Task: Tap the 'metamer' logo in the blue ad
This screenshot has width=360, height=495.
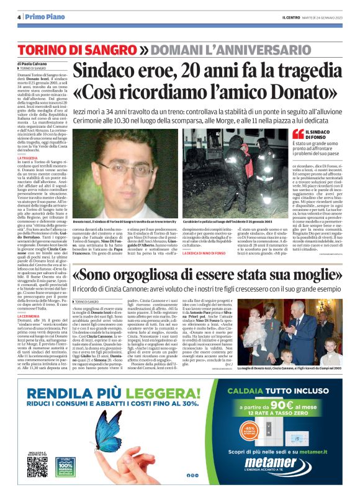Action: pos(274,462)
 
